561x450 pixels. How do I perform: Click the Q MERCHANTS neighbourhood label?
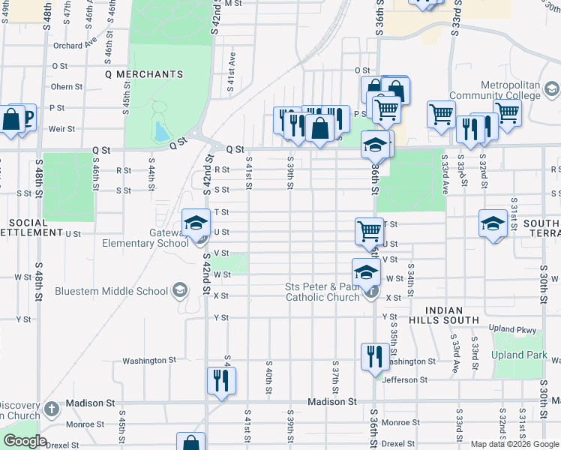click(145, 74)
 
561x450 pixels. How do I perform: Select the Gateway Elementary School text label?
click(145, 238)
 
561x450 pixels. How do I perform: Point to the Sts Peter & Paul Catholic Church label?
click(322, 292)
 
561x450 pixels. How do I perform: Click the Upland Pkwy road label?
click(512, 329)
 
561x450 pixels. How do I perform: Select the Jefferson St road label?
click(405, 380)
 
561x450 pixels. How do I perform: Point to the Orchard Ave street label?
click(75, 45)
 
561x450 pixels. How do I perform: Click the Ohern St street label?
click(67, 86)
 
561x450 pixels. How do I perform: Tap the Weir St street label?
click(61, 128)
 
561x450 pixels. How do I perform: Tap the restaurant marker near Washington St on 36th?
click(374, 355)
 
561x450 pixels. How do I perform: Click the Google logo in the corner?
click(24, 441)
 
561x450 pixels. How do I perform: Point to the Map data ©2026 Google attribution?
click(514, 444)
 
